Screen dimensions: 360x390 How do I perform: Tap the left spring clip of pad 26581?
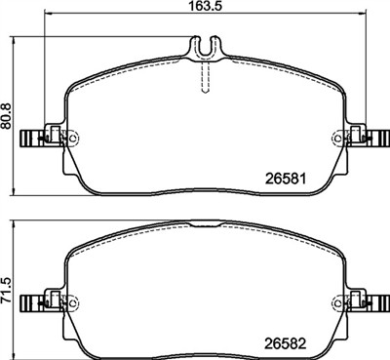[40, 138]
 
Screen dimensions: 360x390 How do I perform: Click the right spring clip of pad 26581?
[366, 138]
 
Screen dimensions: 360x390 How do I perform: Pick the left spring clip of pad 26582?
[40, 300]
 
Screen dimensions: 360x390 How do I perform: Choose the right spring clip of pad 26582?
[366, 300]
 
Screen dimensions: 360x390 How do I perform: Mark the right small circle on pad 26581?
[340, 138]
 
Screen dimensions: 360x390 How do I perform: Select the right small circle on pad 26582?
[340, 300]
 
